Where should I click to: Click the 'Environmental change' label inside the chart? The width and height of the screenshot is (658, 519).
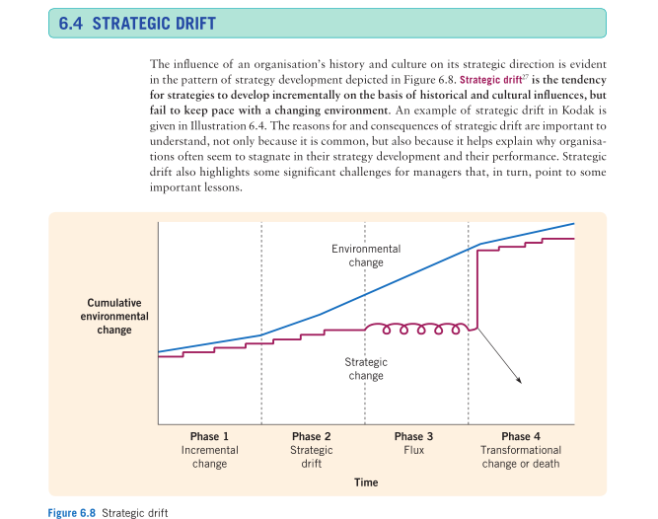click(x=366, y=256)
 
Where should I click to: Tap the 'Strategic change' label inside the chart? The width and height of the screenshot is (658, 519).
click(x=366, y=369)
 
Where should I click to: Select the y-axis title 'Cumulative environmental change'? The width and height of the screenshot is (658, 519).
click(x=114, y=316)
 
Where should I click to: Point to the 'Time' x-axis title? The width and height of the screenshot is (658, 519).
click(x=366, y=482)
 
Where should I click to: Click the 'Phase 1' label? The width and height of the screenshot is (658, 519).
click(x=209, y=436)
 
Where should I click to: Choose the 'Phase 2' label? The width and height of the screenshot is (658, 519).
click(x=312, y=436)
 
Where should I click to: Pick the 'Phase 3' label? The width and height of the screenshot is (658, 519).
click(x=413, y=436)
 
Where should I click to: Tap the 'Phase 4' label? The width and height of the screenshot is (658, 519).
click(x=520, y=436)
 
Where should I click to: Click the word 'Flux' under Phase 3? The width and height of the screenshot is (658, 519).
click(x=413, y=450)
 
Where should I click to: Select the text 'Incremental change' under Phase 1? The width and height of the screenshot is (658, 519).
click(x=209, y=456)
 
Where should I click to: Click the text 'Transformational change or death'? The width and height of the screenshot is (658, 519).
click(x=520, y=456)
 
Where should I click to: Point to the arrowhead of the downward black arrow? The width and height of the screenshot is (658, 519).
click(x=519, y=381)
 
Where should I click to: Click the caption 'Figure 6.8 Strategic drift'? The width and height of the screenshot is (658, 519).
click(x=109, y=512)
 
